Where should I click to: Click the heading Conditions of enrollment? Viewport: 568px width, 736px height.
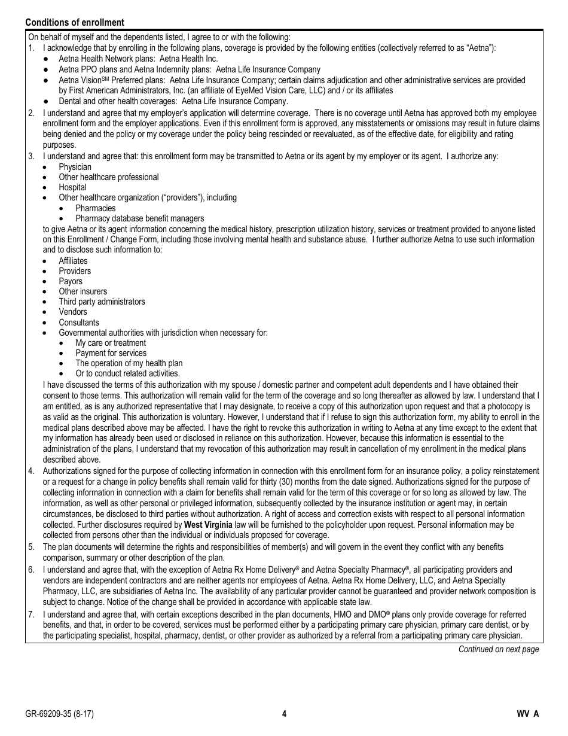coord(75,22)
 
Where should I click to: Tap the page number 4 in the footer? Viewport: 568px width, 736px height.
coord(285,713)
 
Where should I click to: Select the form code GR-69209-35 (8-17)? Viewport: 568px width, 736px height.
coord(59,713)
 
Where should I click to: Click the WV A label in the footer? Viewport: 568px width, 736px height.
coord(528,713)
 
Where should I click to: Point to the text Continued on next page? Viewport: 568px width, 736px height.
coord(499,649)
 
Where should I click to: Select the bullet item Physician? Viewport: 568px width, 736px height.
coord(75,167)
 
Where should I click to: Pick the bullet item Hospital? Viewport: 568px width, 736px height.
coord(72,187)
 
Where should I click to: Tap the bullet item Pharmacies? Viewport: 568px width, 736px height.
coord(96,208)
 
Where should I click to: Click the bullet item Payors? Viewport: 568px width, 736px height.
coord(71,281)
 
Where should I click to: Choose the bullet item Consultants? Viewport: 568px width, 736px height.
coord(79,323)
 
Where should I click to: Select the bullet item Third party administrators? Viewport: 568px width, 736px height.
coord(102,302)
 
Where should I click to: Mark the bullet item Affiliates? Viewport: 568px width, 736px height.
coord(73,261)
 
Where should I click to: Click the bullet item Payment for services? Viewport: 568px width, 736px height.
coord(111,353)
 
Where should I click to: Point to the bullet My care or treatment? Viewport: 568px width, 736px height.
coord(111,343)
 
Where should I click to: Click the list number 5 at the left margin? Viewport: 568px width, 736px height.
coord(31,547)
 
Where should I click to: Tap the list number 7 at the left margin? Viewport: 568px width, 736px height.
coord(31,615)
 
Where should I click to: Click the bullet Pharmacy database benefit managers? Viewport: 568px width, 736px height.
coord(139,218)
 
